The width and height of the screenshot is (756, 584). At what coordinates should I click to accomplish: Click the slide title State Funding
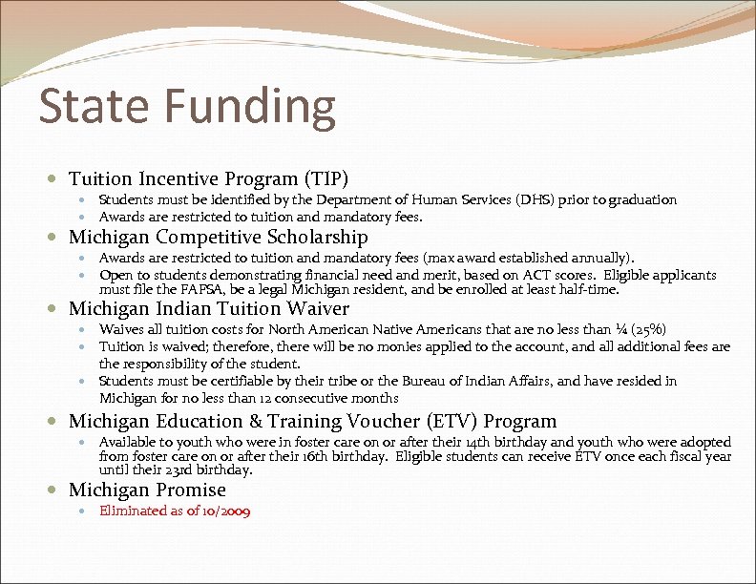(187, 107)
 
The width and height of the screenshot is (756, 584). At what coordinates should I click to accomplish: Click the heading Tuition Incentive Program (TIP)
(209, 178)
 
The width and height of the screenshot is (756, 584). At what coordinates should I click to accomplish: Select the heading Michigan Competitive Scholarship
(218, 237)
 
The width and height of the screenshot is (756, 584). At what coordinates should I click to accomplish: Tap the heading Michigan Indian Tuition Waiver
(209, 308)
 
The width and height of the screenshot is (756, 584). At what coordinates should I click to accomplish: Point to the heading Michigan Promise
(147, 490)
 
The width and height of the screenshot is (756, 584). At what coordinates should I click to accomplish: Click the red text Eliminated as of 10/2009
(175, 511)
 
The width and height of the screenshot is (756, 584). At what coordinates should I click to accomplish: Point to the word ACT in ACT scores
(533, 276)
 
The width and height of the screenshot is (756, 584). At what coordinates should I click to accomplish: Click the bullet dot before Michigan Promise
(59, 490)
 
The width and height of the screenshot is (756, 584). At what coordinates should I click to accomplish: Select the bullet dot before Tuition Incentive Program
(59, 179)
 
